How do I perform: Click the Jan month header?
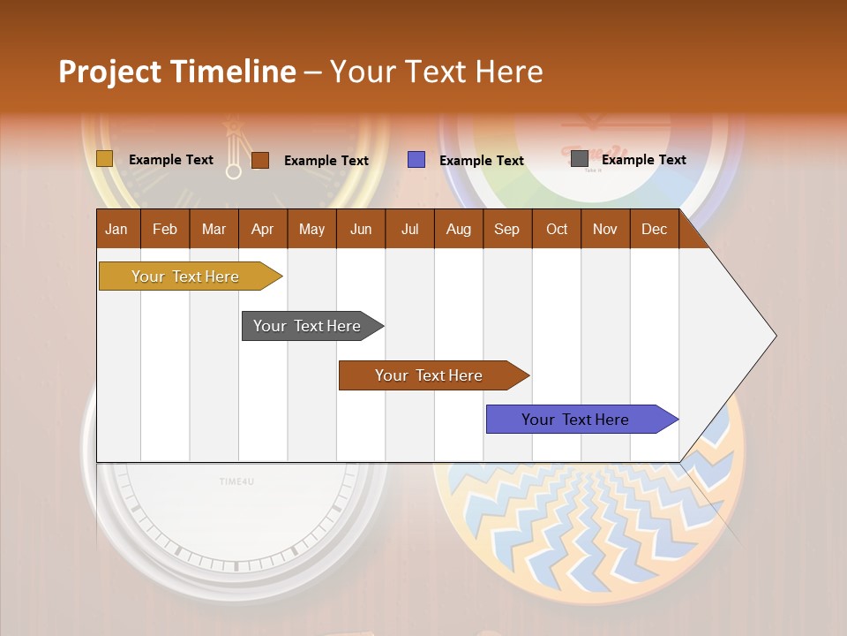tap(117, 229)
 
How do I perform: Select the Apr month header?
tap(263, 229)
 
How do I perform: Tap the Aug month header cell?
tap(459, 229)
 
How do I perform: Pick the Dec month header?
tap(654, 229)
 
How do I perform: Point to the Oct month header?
tap(557, 229)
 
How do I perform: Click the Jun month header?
tap(361, 229)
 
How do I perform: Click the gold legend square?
tap(104, 159)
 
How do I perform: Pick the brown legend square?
tap(259, 160)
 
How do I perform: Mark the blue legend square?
tap(416, 160)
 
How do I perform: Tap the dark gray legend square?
tap(580, 159)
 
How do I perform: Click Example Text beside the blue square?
tap(482, 161)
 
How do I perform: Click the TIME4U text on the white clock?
tap(236, 481)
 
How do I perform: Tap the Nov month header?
tap(605, 229)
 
